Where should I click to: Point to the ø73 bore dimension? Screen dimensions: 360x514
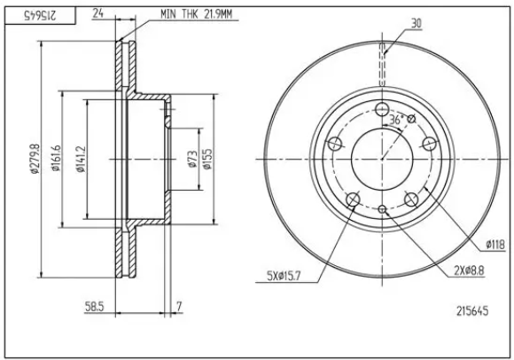[x=192, y=159]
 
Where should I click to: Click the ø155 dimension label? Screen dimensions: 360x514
[x=206, y=158]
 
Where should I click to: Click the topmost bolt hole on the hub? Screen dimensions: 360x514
[x=383, y=111]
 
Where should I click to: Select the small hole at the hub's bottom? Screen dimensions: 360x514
[x=383, y=209]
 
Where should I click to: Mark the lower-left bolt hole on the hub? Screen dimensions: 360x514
[x=354, y=199]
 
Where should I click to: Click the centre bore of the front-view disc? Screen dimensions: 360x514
[x=383, y=159]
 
